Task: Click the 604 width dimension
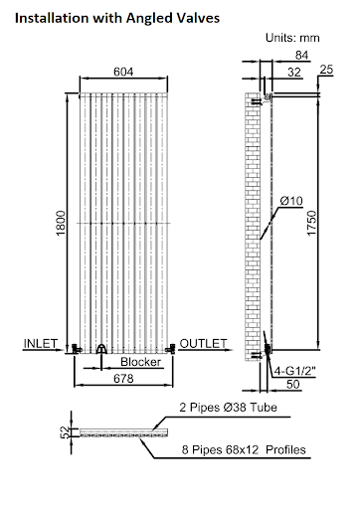(121, 72)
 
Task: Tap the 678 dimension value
(123, 379)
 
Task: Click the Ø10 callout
(291, 202)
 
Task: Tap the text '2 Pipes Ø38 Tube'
(228, 409)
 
